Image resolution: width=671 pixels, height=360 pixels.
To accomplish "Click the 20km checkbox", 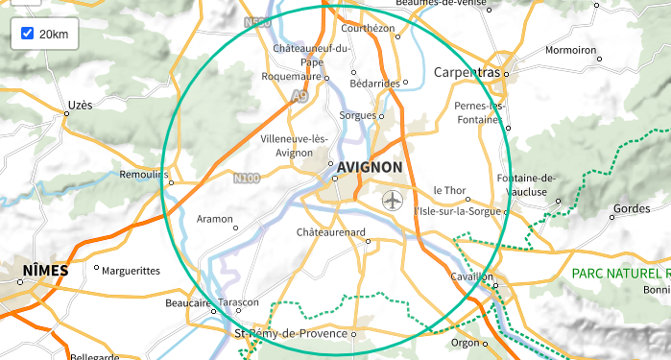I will [27, 34].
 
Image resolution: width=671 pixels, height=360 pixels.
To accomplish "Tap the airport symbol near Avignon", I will [393, 201].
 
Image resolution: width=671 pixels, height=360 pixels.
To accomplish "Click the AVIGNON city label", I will [370, 167].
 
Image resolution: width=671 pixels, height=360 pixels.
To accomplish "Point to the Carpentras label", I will [467, 73].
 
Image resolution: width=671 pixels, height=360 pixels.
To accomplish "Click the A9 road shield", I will [300, 96].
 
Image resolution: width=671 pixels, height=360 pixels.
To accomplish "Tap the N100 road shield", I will [246, 178].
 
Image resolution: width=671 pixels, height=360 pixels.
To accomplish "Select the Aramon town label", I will [214, 219].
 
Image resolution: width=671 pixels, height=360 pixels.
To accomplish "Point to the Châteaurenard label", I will [331, 232].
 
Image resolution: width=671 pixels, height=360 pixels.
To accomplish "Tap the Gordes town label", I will [631, 208].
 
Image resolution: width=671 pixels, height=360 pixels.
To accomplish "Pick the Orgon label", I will [465, 342].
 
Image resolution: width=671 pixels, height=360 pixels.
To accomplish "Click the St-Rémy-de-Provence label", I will [291, 333].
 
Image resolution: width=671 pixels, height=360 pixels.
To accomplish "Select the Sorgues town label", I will [358, 115].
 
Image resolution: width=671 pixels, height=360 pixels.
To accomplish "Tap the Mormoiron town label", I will [570, 49].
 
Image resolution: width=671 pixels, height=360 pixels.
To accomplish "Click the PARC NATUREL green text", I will [618, 274].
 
